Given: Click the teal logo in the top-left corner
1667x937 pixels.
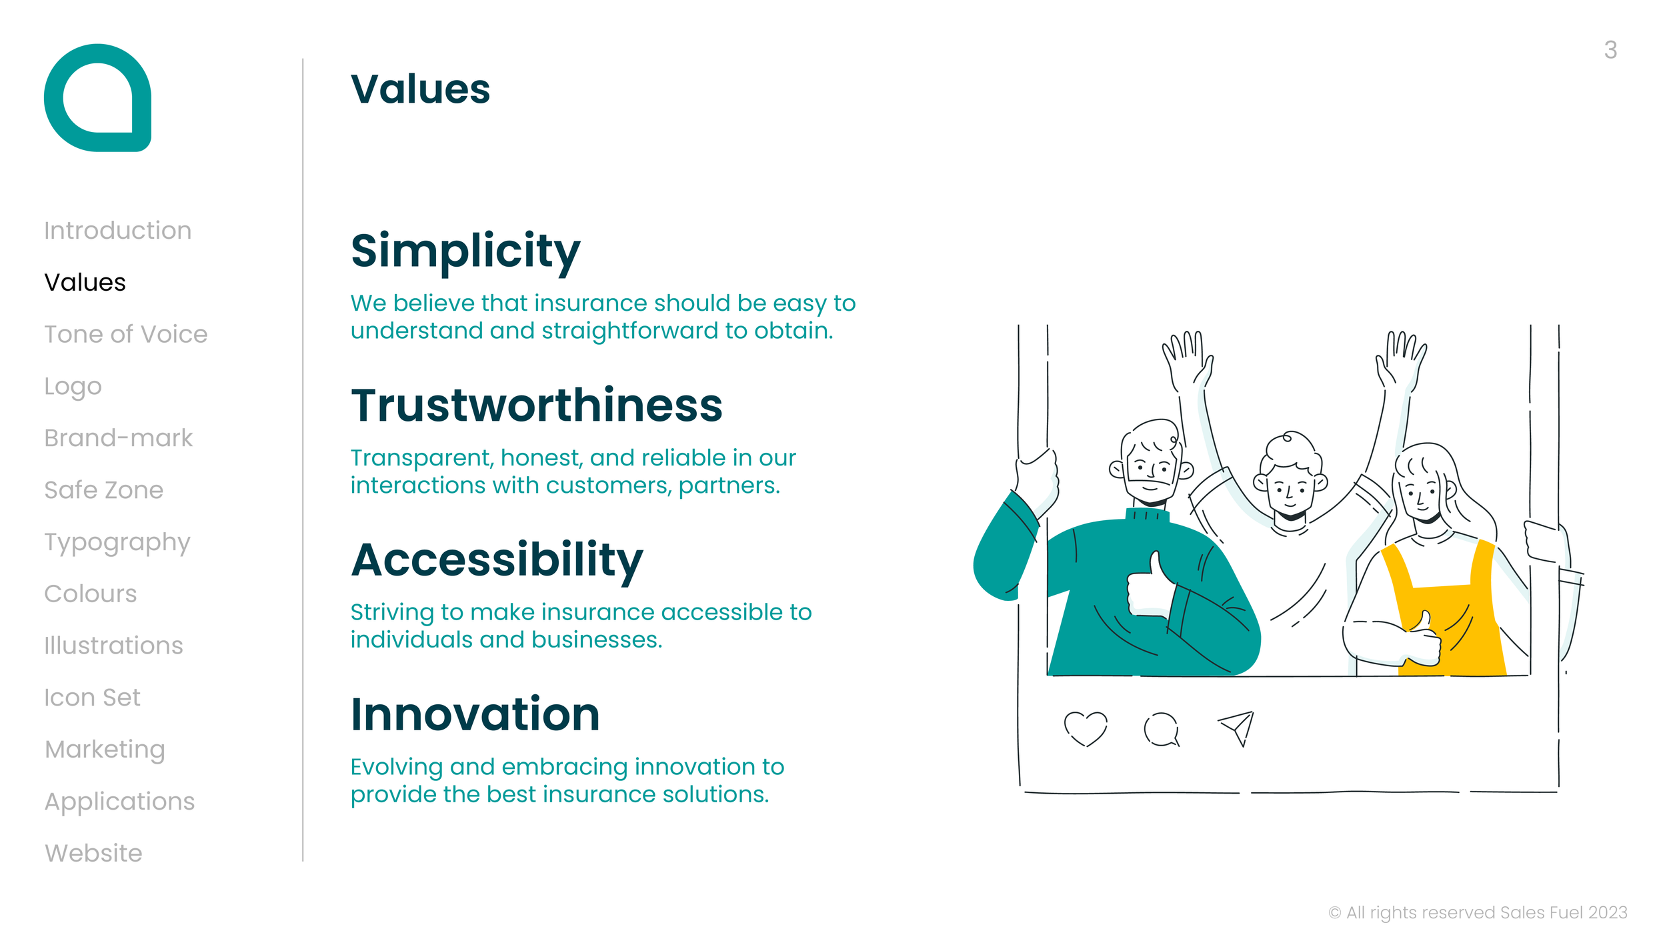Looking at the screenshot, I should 97,98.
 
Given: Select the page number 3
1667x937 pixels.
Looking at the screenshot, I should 1610,50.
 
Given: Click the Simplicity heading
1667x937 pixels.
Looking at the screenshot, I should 465,251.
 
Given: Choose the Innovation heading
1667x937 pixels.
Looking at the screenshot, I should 475,714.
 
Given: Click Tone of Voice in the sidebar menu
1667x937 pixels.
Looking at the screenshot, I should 125,334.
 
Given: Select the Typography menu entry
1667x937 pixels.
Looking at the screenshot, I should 117,542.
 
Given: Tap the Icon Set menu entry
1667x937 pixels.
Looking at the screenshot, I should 92,698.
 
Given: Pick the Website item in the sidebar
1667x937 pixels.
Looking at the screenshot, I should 93,853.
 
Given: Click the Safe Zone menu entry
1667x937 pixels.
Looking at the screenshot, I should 103,490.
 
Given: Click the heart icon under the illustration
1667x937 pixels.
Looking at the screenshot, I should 1085,728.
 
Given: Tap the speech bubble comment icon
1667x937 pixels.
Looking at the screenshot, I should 1161,729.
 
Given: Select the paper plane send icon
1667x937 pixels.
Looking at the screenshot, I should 1237,728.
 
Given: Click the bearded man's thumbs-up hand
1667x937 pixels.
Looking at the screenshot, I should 1149,587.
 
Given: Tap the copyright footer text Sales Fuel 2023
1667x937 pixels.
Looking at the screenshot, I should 1477,912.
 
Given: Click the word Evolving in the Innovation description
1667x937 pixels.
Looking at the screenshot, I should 397,767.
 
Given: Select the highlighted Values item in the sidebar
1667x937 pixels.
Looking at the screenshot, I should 85,282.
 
